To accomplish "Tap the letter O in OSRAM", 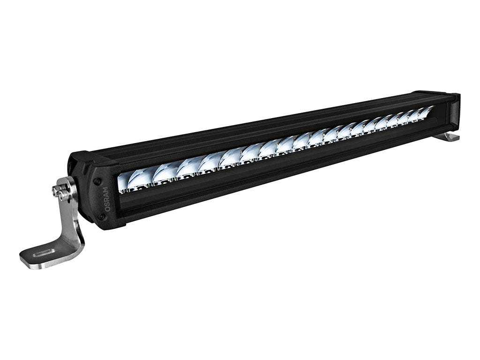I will pyautogui.click(x=107, y=209).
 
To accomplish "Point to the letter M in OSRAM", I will pyautogui.click(x=105, y=190).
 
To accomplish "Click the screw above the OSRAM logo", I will pyautogui.click(x=97, y=181).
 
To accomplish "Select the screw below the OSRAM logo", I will pyautogui.click(x=102, y=217).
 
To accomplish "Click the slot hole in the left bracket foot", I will pyautogui.click(x=43, y=254).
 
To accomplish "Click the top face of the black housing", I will pyautogui.click(x=262, y=122).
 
